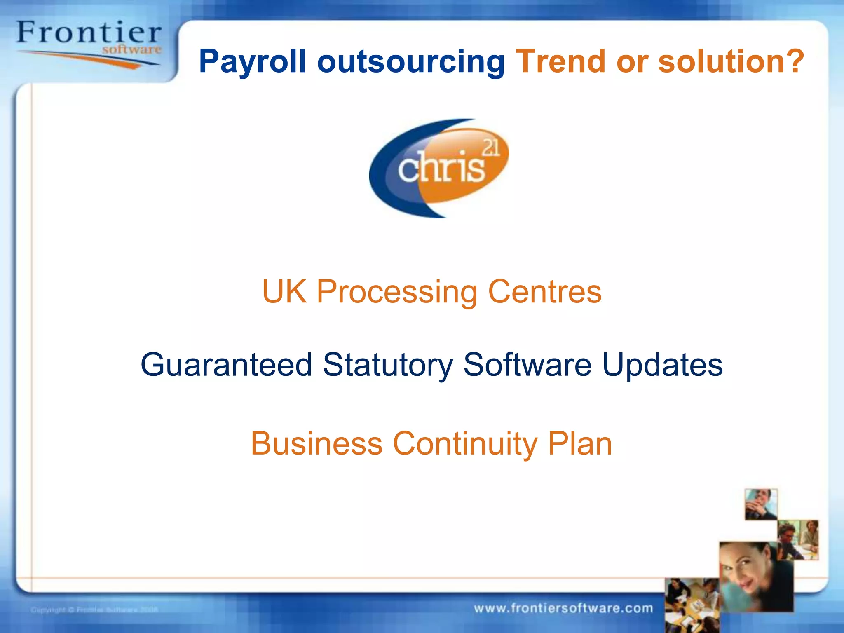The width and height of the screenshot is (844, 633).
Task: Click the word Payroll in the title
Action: click(x=252, y=62)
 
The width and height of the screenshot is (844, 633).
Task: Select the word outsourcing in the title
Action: click(x=410, y=62)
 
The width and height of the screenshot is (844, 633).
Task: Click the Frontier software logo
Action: click(x=89, y=43)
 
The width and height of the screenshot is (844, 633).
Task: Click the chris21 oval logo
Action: click(x=439, y=168)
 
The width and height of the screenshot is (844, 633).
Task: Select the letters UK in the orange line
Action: click(x=284, y=291)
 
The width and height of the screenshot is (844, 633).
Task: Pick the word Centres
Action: click(x=545, y=291)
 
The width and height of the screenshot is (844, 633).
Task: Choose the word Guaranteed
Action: click(x=226, y=365)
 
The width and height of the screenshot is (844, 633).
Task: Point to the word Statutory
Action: click(x=388, y=365)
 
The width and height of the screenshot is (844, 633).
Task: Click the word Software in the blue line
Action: click(x=527, y=364)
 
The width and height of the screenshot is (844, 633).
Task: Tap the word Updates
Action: click(x=662, y=365)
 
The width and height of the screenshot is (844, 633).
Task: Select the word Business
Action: click(x=316, y=443)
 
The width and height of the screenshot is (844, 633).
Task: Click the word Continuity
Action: click(x=465, y=444)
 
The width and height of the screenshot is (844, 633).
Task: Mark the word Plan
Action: click(x=580, y=443)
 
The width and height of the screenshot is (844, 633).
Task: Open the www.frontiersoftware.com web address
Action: click(x=563, y=608)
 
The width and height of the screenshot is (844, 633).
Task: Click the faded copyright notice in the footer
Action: click(x=94, y=610)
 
